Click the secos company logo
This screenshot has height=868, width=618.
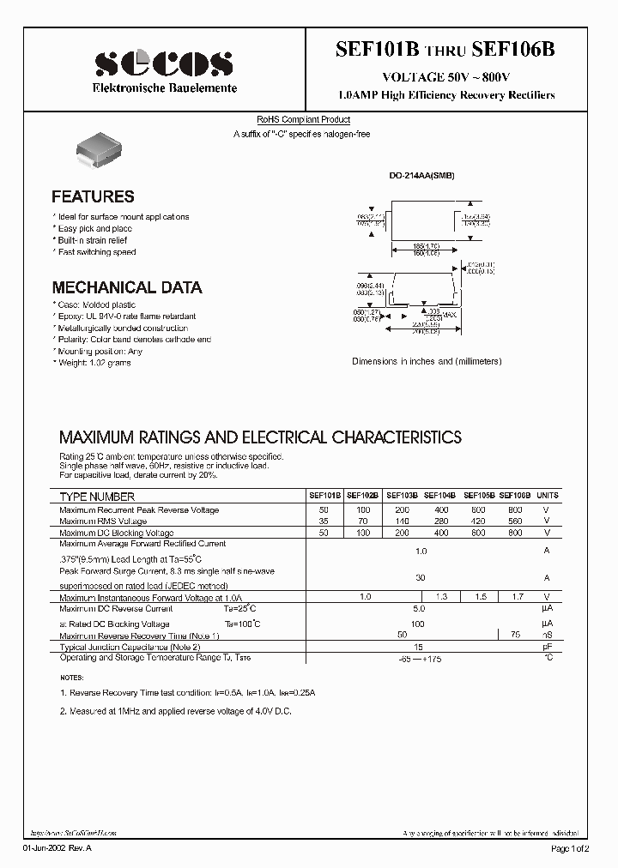[163, 63]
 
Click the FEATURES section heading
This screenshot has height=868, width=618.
[93, 196]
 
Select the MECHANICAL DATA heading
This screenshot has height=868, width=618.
[127, 287]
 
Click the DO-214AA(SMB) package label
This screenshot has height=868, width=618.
[421, 176]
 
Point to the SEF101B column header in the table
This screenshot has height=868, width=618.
[325, 496]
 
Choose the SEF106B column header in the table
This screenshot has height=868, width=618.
[515, 496]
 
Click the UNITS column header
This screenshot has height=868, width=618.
[547, 496]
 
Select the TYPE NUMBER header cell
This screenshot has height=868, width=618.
[97, 497]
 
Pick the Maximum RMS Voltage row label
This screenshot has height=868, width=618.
[103, 521]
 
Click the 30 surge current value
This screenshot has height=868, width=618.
[420, 578]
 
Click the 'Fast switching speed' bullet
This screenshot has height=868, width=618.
[96, 252]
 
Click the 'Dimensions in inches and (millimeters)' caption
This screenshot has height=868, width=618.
[427, 362]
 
